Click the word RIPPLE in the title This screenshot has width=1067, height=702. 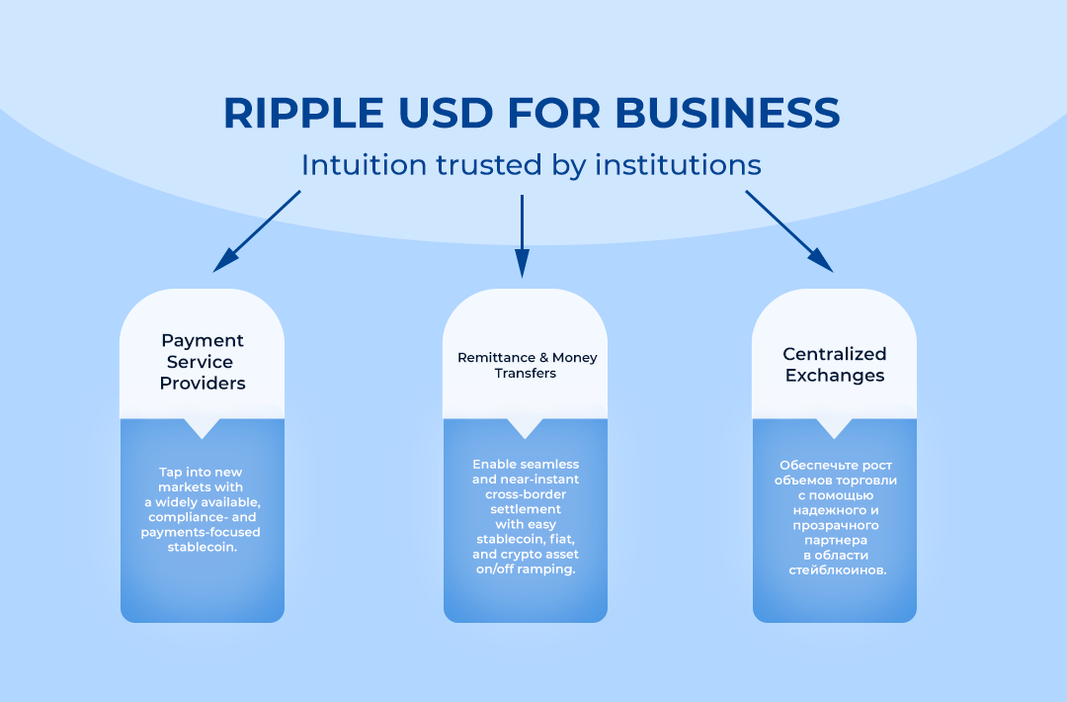point(303,113)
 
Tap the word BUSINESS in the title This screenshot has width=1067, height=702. point(727,113)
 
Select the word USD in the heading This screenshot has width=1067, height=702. point(445,113)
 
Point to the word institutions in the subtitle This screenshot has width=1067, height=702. point(678,165)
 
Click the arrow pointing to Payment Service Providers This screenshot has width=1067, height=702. point(257,231)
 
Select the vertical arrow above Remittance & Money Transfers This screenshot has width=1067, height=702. point(522,236)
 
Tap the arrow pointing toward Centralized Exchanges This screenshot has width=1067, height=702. point(789,231)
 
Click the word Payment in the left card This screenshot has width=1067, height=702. point(203,341)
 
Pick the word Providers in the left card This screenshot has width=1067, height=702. point(203,384)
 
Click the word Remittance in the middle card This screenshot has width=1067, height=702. point(496,358)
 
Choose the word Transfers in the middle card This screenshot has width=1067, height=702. point(526,373)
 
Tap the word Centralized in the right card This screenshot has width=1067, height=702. point(834,354)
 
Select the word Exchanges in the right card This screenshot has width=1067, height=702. point(835,376)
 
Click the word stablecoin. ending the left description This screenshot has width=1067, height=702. point(203,547)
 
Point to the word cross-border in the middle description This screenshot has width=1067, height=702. point(526,493)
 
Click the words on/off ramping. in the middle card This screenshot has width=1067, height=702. point(526,570)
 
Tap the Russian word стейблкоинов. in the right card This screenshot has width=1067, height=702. point(838,570)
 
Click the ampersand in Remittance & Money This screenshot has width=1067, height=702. point(543,358)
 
